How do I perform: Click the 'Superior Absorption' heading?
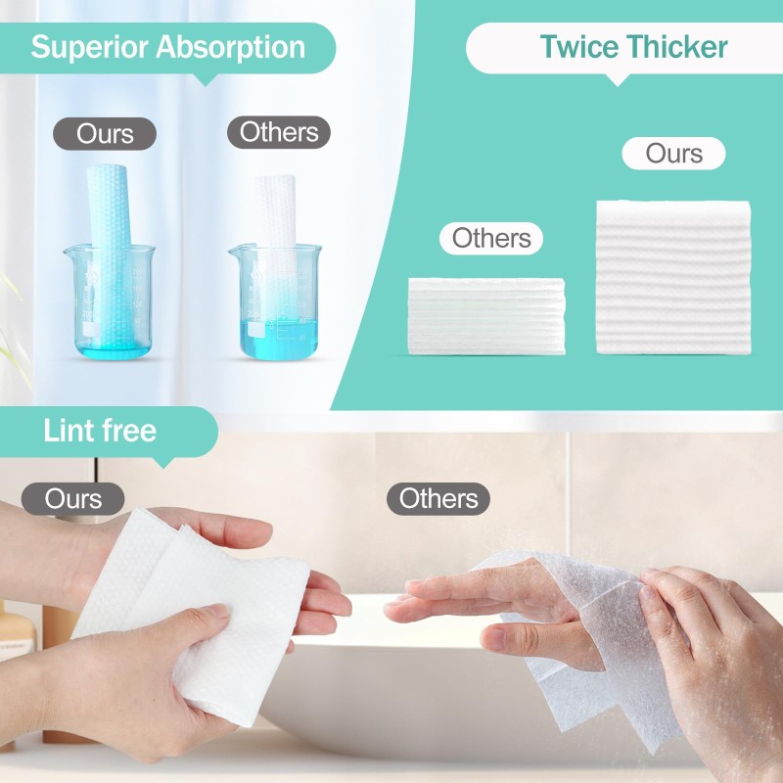click(167, 47)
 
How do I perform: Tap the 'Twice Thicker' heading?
click(633, 47)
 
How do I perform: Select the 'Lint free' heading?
click(100, 431)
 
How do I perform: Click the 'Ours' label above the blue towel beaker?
click(105, 133)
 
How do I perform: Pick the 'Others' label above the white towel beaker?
click(279, 132)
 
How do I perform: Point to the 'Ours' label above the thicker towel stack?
click(673, 154)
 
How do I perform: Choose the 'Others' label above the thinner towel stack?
click(491, 238)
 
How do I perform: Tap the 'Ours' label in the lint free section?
click(73, 498)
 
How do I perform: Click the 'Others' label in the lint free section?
click(438, 498)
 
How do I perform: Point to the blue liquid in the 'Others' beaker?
click(276, 336)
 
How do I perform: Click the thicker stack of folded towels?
click(672, 277)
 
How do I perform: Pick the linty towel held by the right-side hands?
click(577, 626)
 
